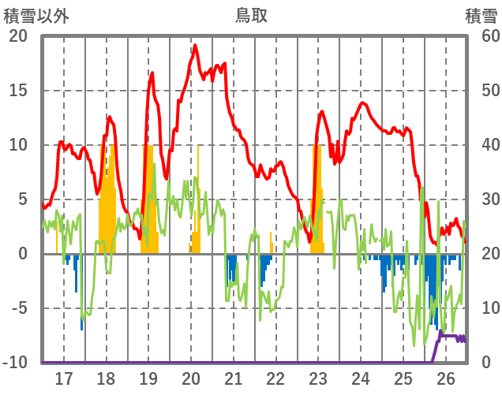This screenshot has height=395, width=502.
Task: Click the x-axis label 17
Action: point(63,378)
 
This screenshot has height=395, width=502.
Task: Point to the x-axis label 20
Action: point(191,378)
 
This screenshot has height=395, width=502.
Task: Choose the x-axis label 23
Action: point(318,378)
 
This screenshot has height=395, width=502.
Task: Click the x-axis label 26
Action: point(446,378)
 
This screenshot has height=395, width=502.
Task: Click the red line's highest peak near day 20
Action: point(195,46)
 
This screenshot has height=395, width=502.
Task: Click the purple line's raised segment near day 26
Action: point(451,337)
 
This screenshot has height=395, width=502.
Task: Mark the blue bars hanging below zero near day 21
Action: point(231,268)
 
